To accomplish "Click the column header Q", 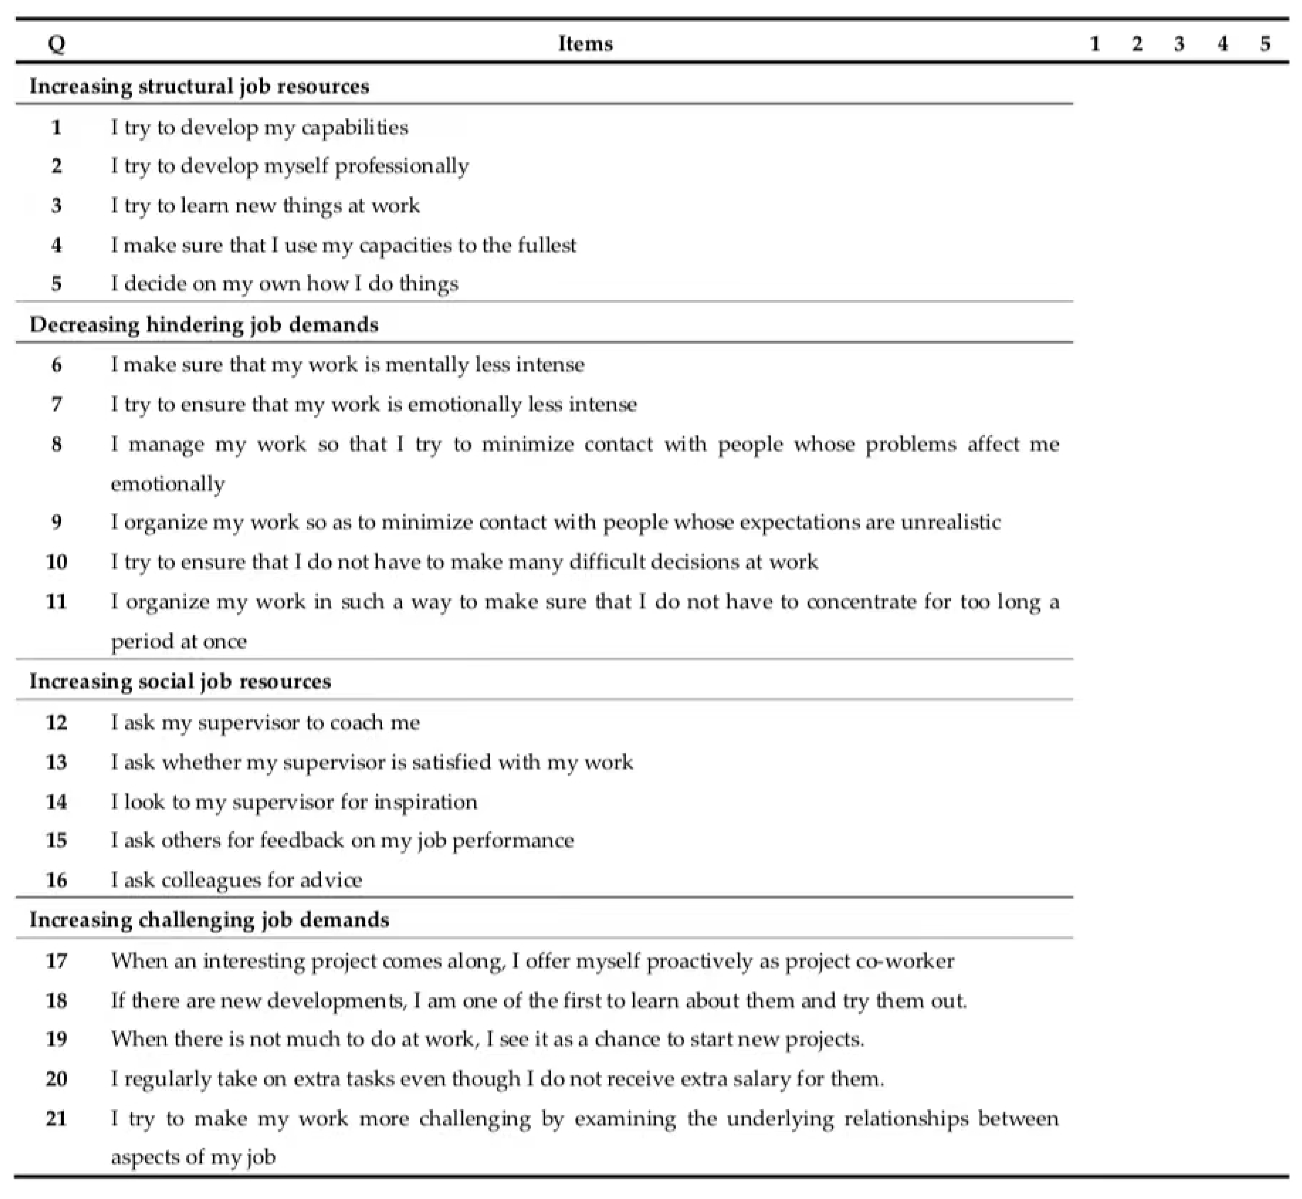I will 57,44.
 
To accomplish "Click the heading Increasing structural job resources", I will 199,86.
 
